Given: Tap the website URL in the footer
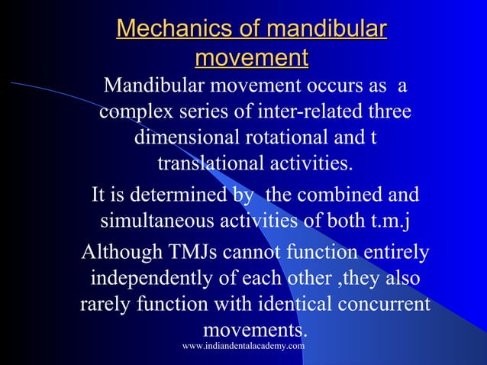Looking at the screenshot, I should point(243,346).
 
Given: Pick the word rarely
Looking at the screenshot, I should point(105,304).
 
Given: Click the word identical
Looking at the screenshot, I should point(286,304).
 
